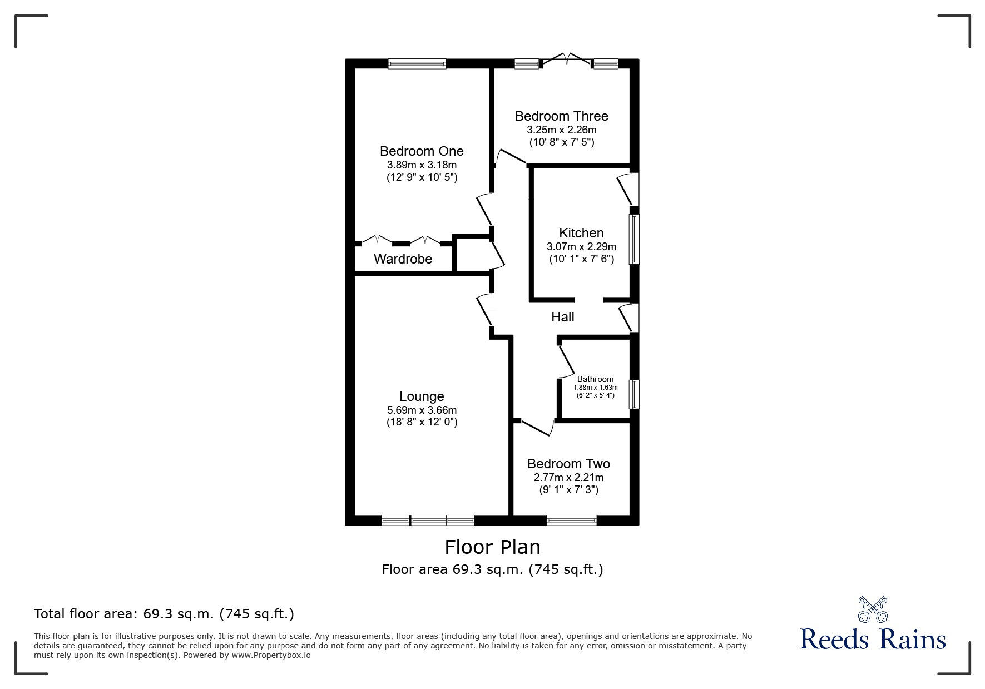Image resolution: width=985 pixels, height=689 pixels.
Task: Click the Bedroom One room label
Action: pos(422,151)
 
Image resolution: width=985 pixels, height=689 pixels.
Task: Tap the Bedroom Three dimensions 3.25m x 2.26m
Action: pos(561,130)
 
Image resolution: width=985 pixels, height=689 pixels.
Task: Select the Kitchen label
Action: pos(581,233)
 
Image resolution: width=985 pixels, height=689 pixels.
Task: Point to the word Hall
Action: pos(562,317)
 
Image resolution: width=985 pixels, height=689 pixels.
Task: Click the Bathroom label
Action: pos(595,379)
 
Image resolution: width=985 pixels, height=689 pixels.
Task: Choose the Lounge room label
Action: pos(422,396)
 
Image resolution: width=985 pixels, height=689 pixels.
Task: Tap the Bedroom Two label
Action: pos(568,464)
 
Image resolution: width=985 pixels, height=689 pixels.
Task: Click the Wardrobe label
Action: pos(403,259)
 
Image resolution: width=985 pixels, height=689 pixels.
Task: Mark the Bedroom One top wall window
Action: pos(417,64)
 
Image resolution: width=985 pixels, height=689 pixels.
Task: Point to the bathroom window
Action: pos(633,394)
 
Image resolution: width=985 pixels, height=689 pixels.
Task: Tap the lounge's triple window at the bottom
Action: pos(428,521)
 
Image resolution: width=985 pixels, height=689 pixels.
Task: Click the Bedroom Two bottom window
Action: pos(571,521)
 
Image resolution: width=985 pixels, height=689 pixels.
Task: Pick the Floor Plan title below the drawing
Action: pos(492,547)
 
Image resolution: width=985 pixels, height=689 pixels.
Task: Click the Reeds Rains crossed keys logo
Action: pos(872,609)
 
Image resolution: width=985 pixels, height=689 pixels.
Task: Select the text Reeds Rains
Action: pos(872,639)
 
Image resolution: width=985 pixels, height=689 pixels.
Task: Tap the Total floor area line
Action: pos(164,614)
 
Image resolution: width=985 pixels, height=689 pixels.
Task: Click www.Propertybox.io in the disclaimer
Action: pos(271,655)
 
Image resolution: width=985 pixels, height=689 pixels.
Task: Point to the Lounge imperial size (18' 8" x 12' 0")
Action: pos(422,422)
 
